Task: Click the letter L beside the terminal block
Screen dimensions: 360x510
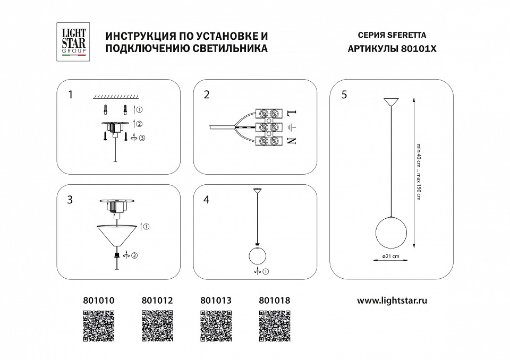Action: (x=290, y=113)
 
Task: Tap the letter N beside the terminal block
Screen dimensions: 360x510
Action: (x=290, y=141)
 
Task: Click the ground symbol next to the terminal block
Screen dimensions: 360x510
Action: (x=290, y=127)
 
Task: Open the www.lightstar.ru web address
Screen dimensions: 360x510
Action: (x=392, y=300)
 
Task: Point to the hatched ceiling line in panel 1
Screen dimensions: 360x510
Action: (x=115, y=97)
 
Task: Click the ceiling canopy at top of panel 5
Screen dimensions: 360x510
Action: (x=392, y=101)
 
